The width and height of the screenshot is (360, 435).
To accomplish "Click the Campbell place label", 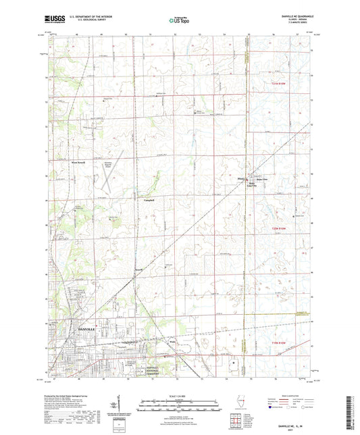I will point(149,200).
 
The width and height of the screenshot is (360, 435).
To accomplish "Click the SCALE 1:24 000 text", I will point(179,396).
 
